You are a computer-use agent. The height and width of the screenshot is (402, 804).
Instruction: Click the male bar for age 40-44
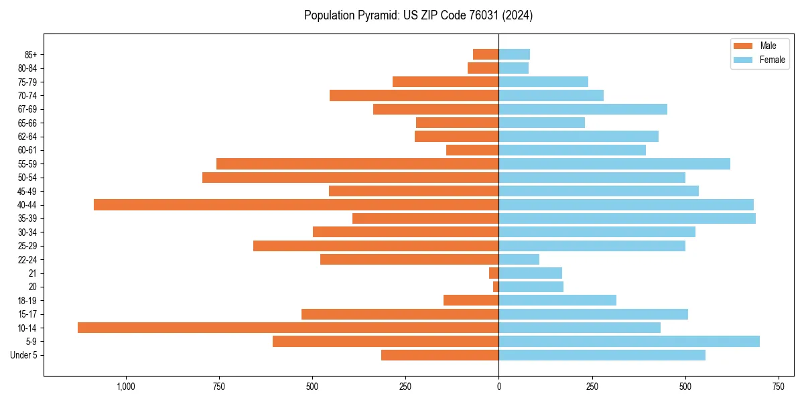(296, 205)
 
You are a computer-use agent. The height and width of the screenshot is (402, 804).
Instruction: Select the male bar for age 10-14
(288, 328)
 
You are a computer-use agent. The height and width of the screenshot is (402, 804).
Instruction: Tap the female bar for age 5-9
(629, 342)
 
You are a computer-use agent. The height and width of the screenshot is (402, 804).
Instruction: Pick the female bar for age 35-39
(627, 218)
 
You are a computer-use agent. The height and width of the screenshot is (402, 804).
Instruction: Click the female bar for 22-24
(519, 259)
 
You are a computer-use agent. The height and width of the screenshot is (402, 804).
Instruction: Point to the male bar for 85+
(486, 54)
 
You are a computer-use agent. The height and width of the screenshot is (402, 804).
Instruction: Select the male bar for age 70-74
(414, 95)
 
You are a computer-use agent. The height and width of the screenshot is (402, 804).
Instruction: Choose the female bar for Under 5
(602, 355)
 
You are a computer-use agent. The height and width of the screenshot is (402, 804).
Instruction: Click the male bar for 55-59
(357, 164)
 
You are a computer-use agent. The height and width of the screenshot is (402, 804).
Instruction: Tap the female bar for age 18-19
(557, 300)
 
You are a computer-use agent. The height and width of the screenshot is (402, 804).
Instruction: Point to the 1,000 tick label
(126, 387)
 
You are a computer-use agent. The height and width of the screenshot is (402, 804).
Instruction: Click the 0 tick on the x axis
(498, 387)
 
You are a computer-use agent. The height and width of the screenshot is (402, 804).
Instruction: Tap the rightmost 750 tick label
(778, 387)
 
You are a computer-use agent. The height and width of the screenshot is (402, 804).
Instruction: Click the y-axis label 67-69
(27, 109)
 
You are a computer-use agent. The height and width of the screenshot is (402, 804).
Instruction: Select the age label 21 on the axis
(32, 273)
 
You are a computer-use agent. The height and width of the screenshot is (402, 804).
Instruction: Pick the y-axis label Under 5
(23, 355)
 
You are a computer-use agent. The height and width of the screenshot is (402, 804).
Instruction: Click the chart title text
(418, 15)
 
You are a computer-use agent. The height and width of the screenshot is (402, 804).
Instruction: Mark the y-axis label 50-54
(27, 178)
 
